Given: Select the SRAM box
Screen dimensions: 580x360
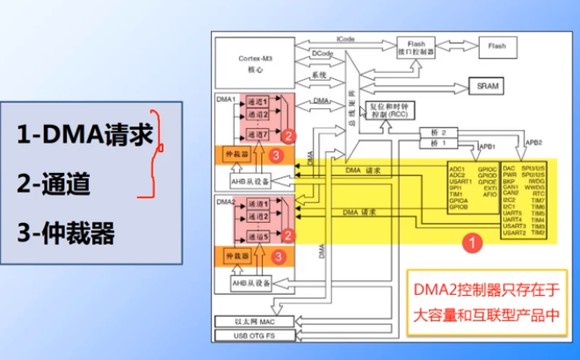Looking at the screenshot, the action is point(485,86).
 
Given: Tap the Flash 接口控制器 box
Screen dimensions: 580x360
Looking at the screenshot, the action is point(416,47).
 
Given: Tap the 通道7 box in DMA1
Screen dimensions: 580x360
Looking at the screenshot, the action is point(257,134).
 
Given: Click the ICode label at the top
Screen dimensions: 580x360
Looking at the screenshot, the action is point(344,40).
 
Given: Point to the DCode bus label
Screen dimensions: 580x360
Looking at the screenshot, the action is point(321,54).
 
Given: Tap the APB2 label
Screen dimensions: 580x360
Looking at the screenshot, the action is point(533,142).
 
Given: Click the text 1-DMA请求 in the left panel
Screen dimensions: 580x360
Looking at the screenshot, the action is point(84,135).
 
